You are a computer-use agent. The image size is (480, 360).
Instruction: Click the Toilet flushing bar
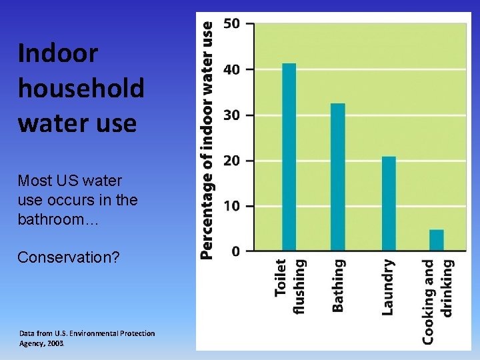(x=289, y=157)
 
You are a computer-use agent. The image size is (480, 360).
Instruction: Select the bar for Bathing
(x=338, y=177)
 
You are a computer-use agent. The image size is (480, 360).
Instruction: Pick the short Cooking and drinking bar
(x=437, y=240)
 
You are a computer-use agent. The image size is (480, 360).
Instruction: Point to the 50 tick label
(x=231, y=23)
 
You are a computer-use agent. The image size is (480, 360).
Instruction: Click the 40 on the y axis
(x=231, y=69)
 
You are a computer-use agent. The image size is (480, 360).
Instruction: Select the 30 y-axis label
(x=231, y=115)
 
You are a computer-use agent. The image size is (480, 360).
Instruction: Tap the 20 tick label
(x=231, y=161)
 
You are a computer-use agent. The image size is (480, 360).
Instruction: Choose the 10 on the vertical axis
(x=231, y=206)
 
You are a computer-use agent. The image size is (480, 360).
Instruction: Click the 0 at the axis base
(x=236, y=251)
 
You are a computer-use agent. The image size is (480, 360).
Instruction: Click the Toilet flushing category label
(x=290, y=287)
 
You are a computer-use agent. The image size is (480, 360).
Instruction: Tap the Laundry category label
(x=388, y=287)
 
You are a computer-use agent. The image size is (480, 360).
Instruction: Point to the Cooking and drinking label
(x=438, y=301)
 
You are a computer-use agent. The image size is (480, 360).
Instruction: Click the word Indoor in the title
(x=58, y=53)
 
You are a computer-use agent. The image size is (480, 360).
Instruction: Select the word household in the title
(x=81, y=88)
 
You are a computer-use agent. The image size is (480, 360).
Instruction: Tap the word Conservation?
(x=69, y=257)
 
